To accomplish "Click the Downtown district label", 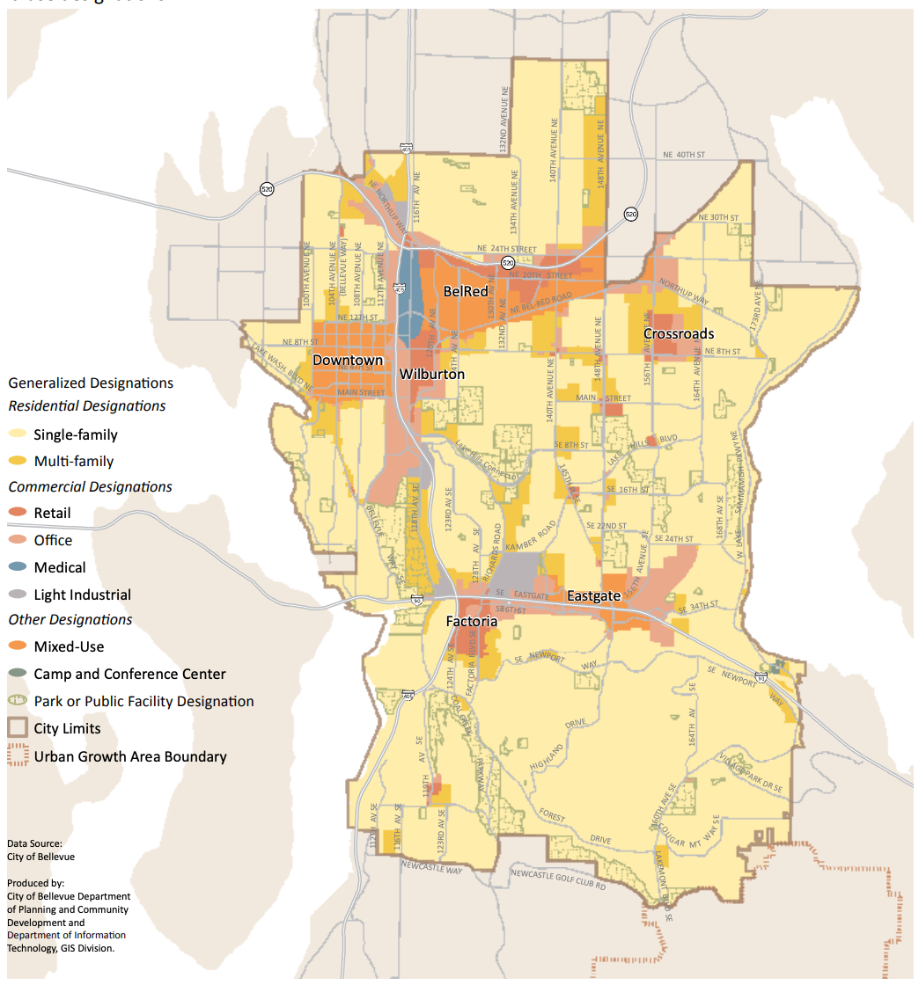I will pos(348,361).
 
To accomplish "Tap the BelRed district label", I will pos(466,291).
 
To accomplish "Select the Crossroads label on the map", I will pos(679,334).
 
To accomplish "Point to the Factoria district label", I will pos(471,621).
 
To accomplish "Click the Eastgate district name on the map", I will pos(594,596).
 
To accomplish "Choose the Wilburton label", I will pos(432,374).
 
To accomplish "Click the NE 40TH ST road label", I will pos(684,155).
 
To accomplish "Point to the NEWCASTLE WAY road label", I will pos(431,870).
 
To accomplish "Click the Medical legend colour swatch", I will pos(18,567).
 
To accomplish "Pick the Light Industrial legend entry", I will pos(82,595).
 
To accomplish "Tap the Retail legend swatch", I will pos(18,513).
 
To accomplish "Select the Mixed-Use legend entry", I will pos(69,646).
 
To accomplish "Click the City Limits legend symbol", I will pos(18,728).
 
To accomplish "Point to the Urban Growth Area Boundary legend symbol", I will pos(18,756).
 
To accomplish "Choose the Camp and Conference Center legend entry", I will pos(129,674).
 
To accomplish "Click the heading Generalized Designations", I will pos(91,383).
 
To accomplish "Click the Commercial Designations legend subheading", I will pos(91,486).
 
